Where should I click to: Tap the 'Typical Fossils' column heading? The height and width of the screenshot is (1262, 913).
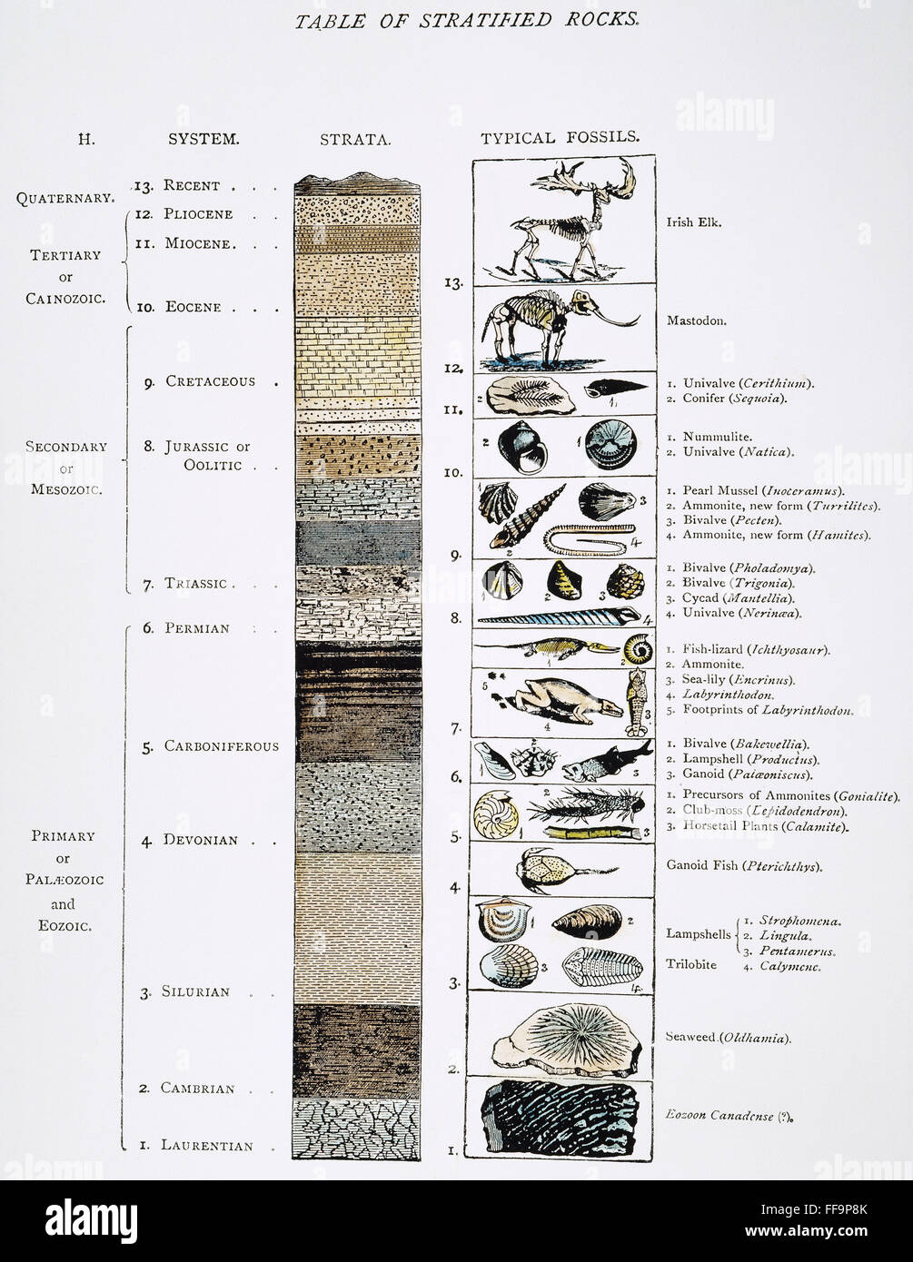click(x=560, y=138)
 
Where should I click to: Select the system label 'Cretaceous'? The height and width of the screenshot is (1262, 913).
click(x=210, y=381)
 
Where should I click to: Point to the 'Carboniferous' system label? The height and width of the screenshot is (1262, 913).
click(x=222, y=746)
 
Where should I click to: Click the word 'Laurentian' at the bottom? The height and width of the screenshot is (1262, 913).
click(x=206, y=1146)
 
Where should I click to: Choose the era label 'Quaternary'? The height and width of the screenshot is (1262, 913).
click(x=65, y=197)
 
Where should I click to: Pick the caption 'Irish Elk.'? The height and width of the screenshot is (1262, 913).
click(x=694, y=222)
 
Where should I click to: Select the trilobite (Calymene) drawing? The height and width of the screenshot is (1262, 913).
click(x=601, y=966)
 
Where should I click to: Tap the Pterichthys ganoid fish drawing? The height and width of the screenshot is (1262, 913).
click(x=548, y=867)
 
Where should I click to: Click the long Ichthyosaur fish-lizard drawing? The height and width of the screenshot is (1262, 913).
click(x=545, y=647)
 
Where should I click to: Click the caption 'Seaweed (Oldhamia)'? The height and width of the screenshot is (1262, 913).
click(x=728, y=1037)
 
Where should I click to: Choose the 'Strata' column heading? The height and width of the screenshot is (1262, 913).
click(x=355, y=140)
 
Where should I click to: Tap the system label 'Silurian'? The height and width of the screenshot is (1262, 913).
click(x=197, y=991)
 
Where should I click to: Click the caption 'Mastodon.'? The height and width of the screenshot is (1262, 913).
click(x=695, y=320)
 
